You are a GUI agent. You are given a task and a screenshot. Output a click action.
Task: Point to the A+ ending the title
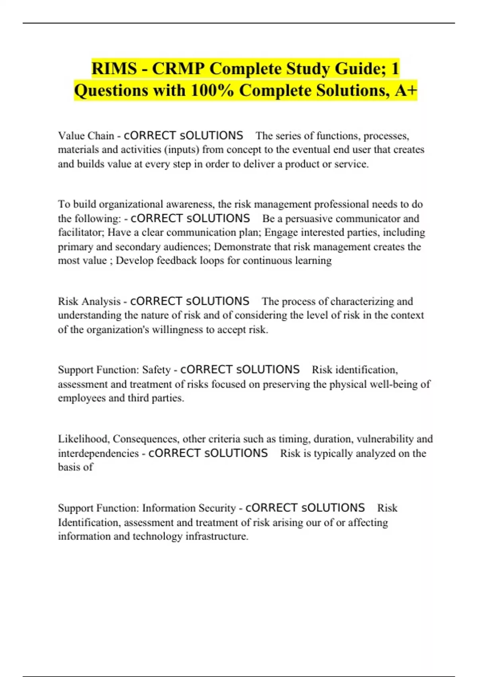coord(406,90)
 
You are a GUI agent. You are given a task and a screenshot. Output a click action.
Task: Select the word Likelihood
coord(83,439)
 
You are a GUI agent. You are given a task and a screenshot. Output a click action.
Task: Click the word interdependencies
coord(98,453)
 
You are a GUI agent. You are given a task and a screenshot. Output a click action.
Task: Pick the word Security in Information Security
coord(217,508)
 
